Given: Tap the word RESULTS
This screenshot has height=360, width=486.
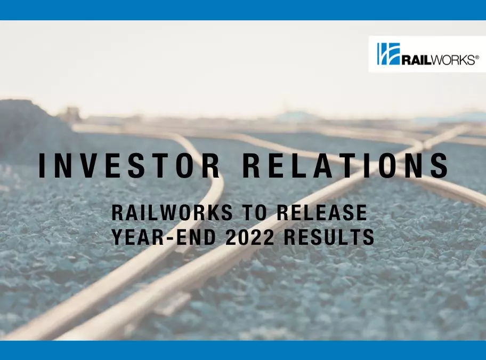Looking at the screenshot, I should [328, 238].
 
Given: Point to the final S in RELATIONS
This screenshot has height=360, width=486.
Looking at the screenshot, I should [440, 166].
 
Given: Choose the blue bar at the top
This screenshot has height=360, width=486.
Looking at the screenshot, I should [243, 10].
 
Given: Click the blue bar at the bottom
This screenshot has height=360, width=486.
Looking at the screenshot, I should [243, 350].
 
